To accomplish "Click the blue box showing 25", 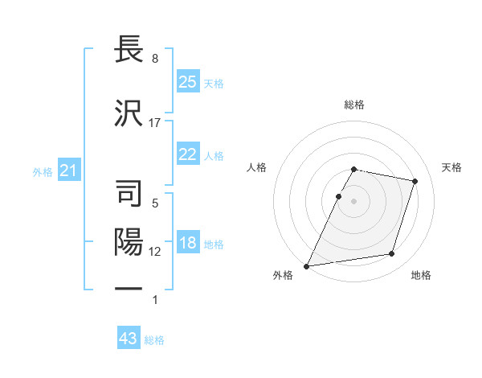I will [x=187, y=82].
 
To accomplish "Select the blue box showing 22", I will [x=187, y=155].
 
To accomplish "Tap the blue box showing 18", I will [x=187, y=244].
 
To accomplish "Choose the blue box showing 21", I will [x=68, y=171].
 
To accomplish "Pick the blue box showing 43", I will [x=129, y=339].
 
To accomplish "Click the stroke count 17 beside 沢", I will [x=155, y=123].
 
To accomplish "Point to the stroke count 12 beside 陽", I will [x=155, y=252].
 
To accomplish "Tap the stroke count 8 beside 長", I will [x=155, y=59].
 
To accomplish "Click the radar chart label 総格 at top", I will [x=354, y=105].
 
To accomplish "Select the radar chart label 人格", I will [x=257, y=167].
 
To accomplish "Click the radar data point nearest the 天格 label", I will [x=415, y=181].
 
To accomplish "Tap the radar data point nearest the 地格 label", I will [x=392, y=254].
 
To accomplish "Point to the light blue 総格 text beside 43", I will [x=155, y=340].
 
